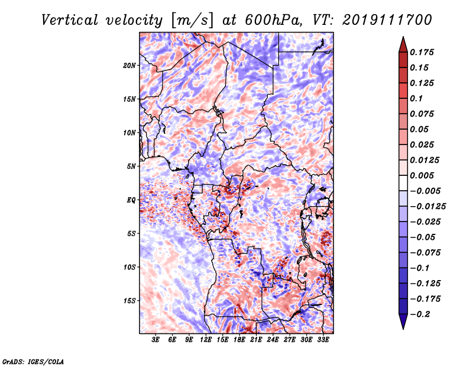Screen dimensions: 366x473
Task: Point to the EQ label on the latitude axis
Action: (131, 200)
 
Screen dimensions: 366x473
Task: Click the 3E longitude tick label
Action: (156, 340)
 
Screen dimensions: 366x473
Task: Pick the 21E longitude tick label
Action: (256, 340)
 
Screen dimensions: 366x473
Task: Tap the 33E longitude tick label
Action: (323, 340)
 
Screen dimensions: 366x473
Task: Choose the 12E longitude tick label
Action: (206, 340)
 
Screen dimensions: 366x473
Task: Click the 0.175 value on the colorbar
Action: (423, 52)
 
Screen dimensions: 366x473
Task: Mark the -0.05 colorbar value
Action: (423, 237)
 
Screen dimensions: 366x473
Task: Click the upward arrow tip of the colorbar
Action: (402, 38)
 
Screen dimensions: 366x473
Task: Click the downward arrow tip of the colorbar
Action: (402, 327)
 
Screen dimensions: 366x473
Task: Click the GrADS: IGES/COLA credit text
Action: (33, 361)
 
